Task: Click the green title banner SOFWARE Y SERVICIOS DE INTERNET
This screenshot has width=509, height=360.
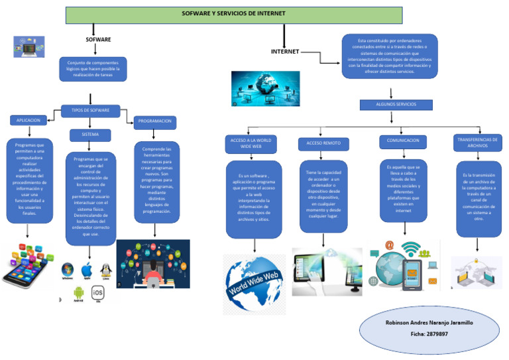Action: tap(224, 14)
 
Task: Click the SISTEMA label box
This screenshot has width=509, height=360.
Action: tap(91, 135)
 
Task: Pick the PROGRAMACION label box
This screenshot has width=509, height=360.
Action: tap(155, 121)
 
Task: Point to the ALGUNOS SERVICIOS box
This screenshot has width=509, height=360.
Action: tap(396, 105)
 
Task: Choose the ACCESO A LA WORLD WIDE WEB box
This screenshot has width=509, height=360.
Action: tap(251, 144)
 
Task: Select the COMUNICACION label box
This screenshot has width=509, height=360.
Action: tap(403, 141)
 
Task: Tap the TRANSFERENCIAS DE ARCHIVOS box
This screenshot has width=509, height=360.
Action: tap(477, 142)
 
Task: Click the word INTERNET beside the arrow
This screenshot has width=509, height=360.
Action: tap(285, 52)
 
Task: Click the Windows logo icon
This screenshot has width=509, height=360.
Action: tap(67, 270)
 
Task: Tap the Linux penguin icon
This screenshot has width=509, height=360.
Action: tap(105, 270)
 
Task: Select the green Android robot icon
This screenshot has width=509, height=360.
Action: tap(78, 292)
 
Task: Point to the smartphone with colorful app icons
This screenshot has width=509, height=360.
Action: tap(27, 265)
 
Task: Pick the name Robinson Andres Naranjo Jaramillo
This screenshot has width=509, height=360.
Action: tap(429, 322)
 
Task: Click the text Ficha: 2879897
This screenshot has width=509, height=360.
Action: tap(429, 333)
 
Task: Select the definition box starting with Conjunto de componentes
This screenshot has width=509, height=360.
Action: tap(93, 69)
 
